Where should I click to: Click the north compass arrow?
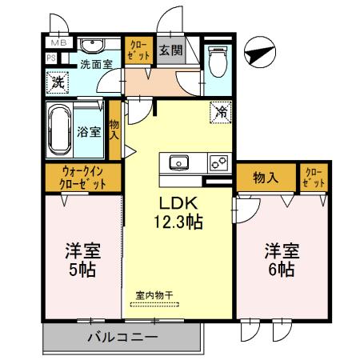coord(261,54)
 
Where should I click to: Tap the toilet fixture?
coord(217,60)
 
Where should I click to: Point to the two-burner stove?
coord(218,163)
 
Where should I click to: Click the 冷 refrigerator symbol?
coord(220,112)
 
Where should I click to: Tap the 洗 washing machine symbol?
coord(58,82)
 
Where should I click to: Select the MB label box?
coord(59,42)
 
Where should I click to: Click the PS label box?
coord(50,58)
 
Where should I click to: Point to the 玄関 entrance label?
coord(169,49)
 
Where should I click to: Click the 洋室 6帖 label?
coord(278,259)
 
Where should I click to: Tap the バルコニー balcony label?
coord(121,338)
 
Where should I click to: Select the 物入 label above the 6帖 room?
coord(265,178)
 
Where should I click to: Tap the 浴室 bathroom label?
coord(89,132)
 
